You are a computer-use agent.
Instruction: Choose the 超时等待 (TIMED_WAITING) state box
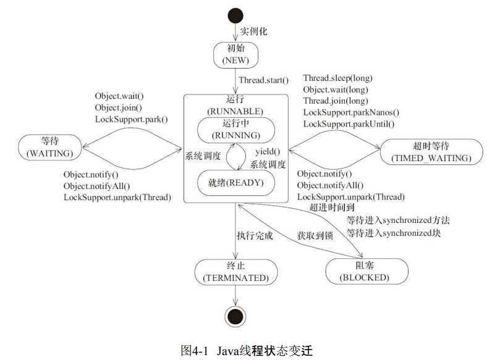point(431,152)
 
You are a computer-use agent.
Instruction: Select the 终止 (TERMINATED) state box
point(235,272)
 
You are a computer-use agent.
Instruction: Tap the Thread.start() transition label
point(264,80)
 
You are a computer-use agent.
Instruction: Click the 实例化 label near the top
point(253,31)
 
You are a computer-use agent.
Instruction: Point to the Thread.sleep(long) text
point(337,78)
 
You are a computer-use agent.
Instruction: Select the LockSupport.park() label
point(132,119)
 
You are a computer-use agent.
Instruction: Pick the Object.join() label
point(119,107)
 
